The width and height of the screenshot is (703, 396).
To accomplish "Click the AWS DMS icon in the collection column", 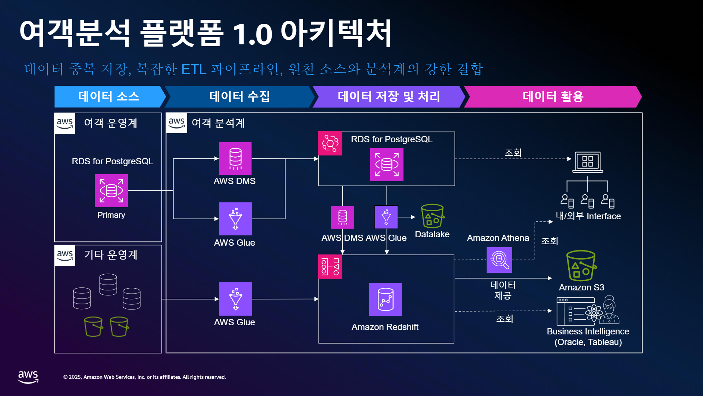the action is click(235, 158).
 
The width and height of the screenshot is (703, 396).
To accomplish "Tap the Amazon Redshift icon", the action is click(386, 299).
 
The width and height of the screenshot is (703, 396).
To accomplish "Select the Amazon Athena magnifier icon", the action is click(499, 260).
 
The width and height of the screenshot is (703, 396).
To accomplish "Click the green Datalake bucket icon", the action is click(432, 216).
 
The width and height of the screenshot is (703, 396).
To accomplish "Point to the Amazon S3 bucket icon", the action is click(581, 266).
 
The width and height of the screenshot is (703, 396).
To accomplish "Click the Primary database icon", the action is click(111, 191).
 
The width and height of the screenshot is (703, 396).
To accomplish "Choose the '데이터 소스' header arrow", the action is click(110, 97).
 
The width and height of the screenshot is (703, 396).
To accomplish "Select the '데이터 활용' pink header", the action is click(553, 97).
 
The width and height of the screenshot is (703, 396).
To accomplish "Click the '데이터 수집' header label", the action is click(239, 96).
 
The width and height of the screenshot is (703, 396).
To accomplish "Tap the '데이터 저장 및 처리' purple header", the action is click(388, 97).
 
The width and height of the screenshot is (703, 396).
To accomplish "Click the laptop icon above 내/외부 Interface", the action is click(588, 162).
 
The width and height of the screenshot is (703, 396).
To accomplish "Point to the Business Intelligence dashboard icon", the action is click(588, 311).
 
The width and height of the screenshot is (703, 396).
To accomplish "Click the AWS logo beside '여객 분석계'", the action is click(176, 123).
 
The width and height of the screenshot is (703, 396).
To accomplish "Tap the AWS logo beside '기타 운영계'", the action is click(65, 255).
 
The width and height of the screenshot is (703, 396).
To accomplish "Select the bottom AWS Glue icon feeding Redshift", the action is click(235, 299).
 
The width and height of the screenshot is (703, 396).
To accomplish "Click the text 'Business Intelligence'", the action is click(588, 331).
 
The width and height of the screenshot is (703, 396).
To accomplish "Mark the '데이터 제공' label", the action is click(503, 290).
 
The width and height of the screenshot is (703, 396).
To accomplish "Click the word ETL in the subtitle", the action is click(194, 69).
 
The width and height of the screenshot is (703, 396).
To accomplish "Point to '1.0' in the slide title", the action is click(252, 34).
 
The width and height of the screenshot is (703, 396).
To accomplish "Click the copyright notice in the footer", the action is click(145, 377).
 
